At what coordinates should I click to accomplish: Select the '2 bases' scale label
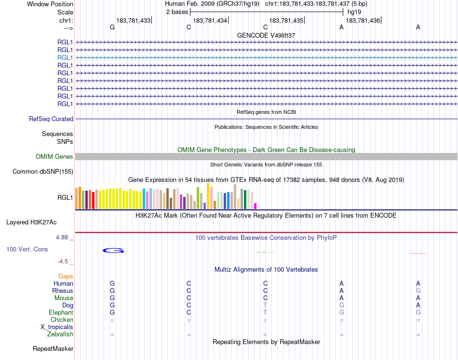pyautogui.click(x=176, y=12)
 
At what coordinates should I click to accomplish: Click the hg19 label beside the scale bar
pyautogui.click(x=354, y=12)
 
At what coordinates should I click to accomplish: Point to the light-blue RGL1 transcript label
pyautogui.click(x=65, y=57)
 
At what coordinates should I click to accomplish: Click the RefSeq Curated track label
pyautogui.click(x=51, y=119)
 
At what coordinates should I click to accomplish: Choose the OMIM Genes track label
pyautogui.click(x=54, y=157)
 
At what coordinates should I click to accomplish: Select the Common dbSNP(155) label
pyautogui.click(x=43, y=172)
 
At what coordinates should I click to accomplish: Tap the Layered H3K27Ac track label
pyautogui.click(x=31, y=222)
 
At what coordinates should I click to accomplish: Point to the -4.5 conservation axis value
pyautogui.click(x=63, y=262)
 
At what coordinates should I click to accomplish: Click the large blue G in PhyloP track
pyautogui.click(x=113, y=250)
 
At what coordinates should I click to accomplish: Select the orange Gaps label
pyautogui.click(x=66, y=277)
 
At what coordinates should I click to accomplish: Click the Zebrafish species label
pyautogui.click(x=60, y=334)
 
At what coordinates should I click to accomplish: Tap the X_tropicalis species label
pyautogui.click(x=57, y=327)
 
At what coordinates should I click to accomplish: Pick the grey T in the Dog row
pyautogui.click(x=265, y=305)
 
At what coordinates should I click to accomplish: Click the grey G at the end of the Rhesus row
pyautogui.click(x=418, y=291)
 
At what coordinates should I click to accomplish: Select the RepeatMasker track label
pyautogui.click(x=53, y=349)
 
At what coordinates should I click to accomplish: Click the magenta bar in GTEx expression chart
pyautogui.click(x=256, y=206)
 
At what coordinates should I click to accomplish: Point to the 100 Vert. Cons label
pyautogui.click(x=27, y=249)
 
